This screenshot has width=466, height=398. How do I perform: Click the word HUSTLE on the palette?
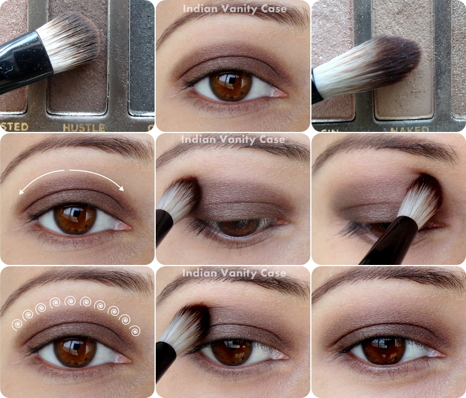(83, 127)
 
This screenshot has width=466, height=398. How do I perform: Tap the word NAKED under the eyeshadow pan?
(410, 130)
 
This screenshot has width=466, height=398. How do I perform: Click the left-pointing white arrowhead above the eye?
(22, 192)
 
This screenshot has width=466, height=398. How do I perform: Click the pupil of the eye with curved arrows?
(75, 219)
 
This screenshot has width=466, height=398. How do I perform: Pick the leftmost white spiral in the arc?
(17, 324)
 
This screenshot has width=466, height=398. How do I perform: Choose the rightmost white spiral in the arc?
(135, 330)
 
